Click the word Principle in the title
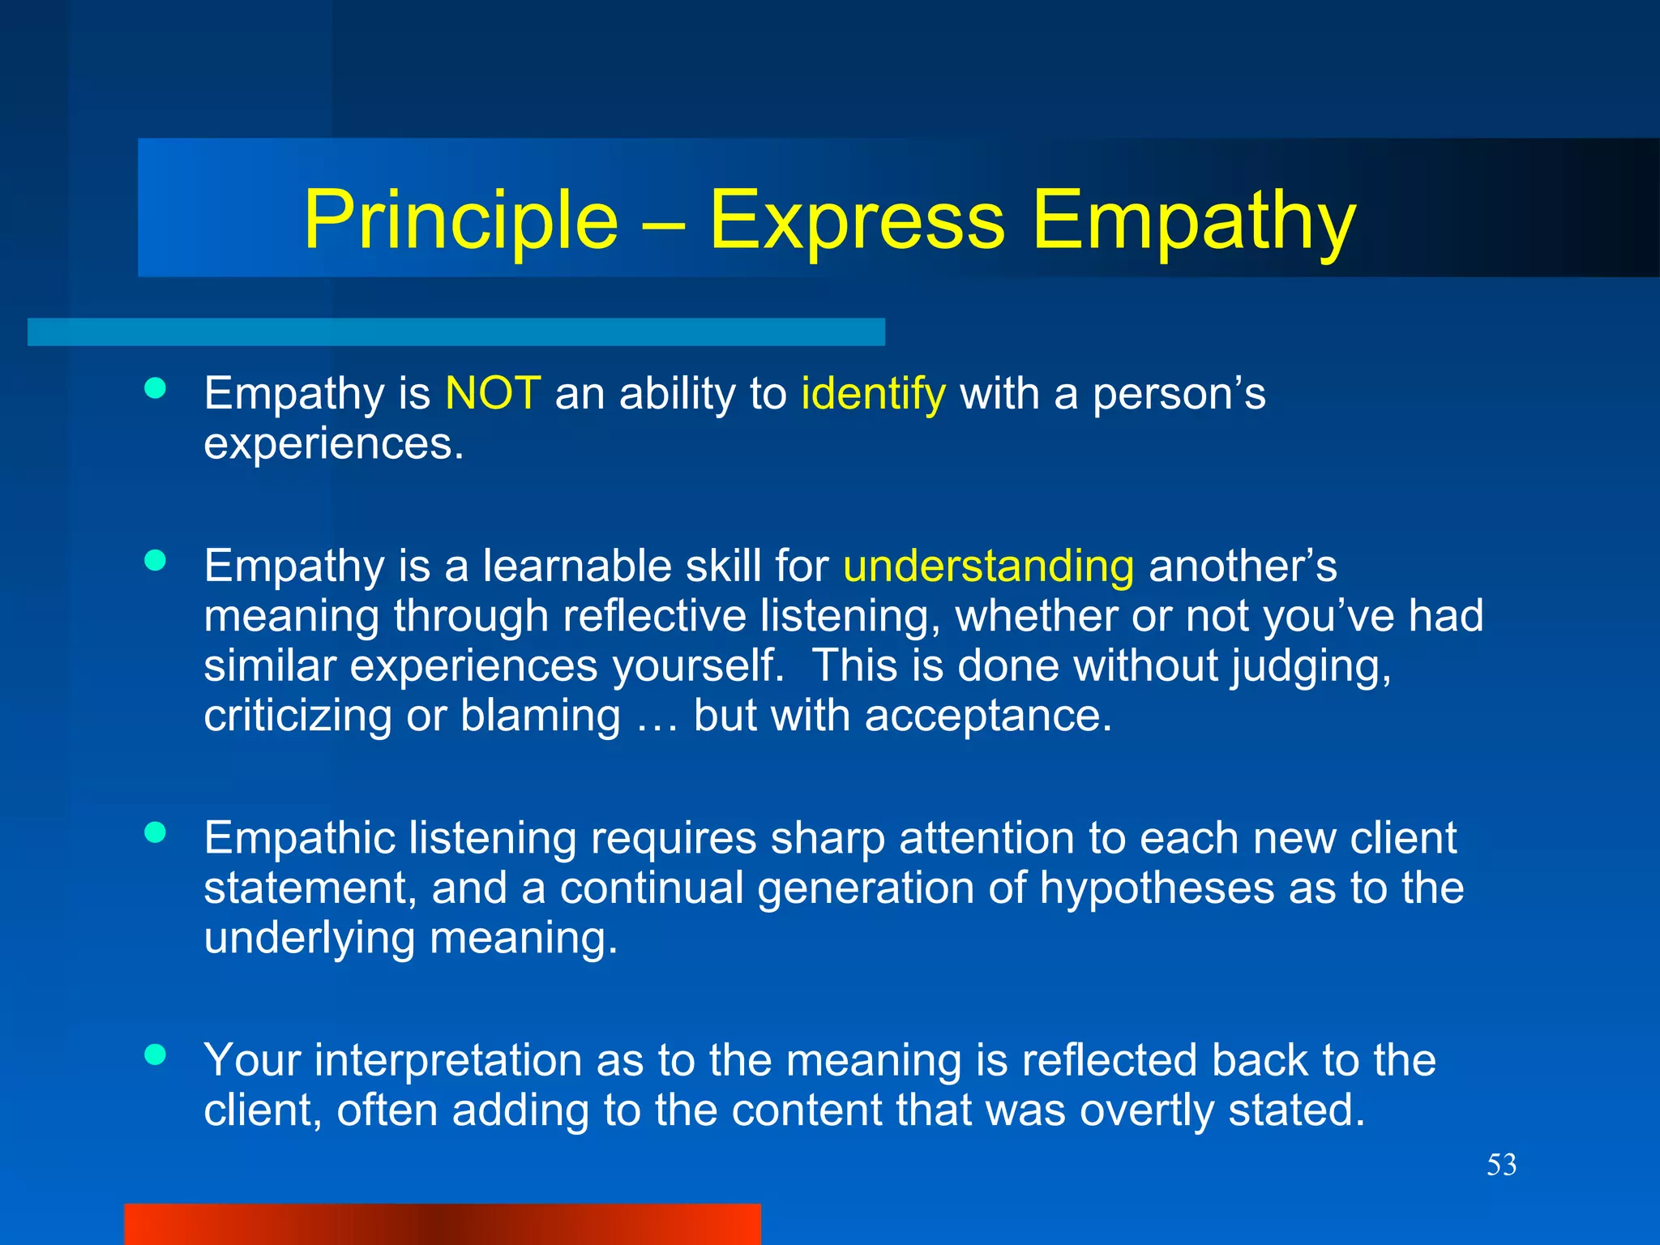click(460, 220)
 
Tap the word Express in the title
click(857, 220)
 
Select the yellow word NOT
click(493, 394)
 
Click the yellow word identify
click(873, 396)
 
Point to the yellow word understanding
click(988, 567)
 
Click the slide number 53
click(1501, 1165)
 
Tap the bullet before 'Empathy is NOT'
click(155, 388)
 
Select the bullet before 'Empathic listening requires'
click(155, 832)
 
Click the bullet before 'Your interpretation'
click(155, 1055)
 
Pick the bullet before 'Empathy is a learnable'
click(155, 560)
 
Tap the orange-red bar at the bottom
click(442, 1224)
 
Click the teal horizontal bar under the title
click(456, 332)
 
